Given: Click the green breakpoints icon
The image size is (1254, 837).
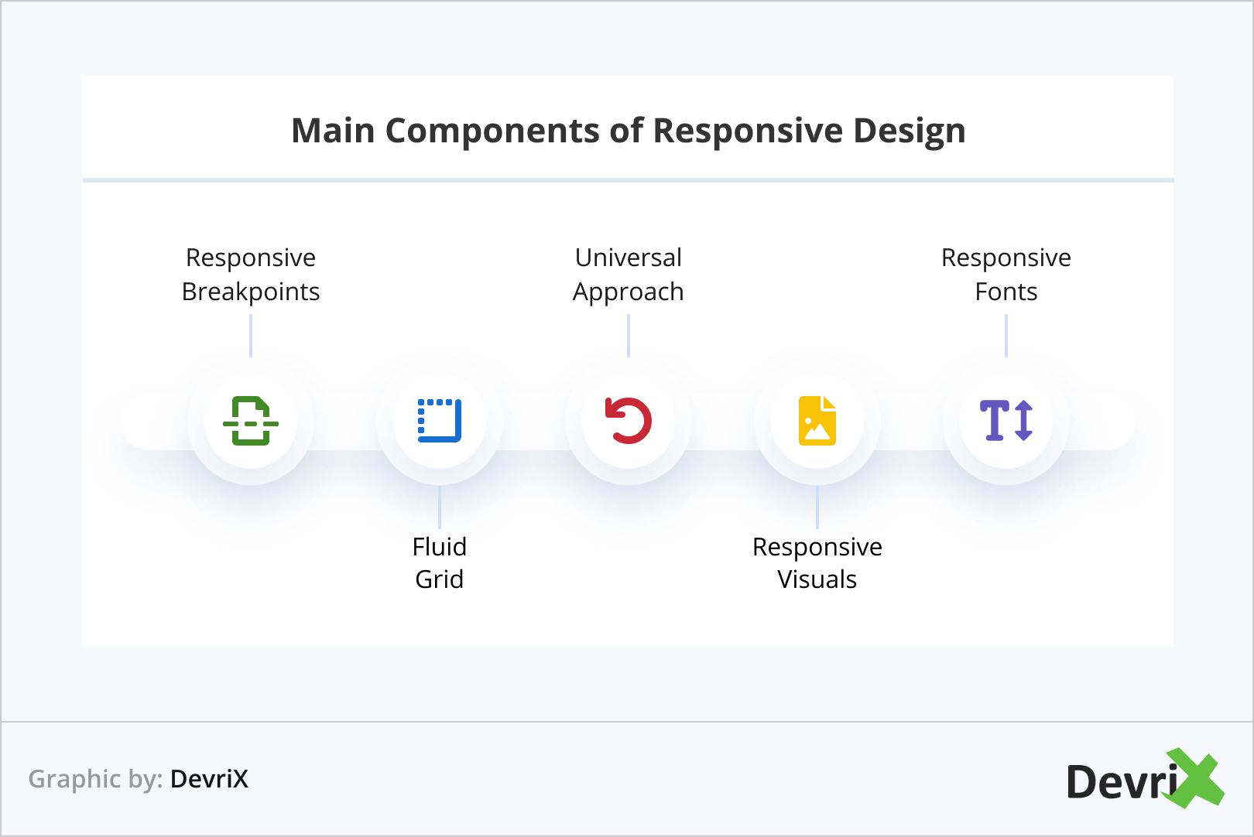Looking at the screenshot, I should tap(251, 421).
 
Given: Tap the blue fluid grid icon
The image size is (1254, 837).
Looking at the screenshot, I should tap(440, 421).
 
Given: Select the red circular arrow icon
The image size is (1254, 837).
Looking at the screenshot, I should tap(629, 421).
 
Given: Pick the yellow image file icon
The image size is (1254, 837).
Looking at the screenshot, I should tap(817, 421).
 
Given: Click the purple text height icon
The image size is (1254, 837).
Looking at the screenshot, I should tap(1006, 421).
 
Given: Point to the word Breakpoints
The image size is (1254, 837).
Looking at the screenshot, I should tap(251, 292).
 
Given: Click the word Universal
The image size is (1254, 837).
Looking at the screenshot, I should tap(629, 258).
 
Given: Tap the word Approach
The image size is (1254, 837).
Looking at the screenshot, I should tap(629, 292).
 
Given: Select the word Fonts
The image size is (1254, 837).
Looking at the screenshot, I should tap(1006, 292).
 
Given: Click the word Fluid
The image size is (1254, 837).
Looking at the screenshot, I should tap(440, 547).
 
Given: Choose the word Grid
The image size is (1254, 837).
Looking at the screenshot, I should tap(440, 579).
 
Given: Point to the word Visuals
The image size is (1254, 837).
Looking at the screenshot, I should tap(817, 579).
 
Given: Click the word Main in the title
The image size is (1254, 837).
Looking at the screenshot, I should tap(333, 131).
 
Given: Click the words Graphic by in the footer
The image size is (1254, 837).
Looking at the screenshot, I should tap(95, 779).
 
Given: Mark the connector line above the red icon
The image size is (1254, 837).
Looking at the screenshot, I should tap(629, 336).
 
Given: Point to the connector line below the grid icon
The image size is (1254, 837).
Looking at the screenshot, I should tap(440, 507).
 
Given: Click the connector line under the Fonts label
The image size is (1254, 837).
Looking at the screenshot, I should tap(1006, 336).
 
